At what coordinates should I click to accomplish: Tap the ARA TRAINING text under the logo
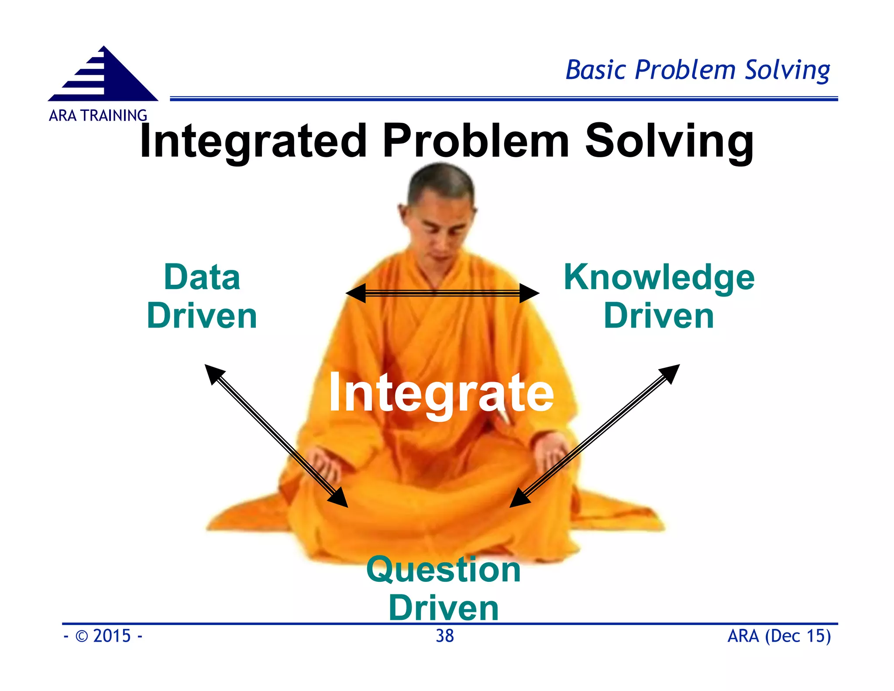[98, 116]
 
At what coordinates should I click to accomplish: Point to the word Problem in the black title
[476, 141]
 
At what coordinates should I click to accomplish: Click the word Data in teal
[202, 277]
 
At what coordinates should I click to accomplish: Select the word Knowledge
[659, 277]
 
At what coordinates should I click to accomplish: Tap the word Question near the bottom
[444, 570]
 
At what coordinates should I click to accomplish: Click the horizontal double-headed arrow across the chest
[442, 293]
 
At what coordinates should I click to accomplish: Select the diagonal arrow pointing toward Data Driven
[276, 436]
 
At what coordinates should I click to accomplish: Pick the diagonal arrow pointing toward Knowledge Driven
[595, 436]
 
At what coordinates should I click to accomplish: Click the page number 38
[444, 636]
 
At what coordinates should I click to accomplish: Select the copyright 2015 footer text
[103, 636]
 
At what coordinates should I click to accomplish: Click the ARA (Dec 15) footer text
[779, 636]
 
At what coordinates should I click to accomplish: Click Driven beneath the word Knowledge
[659, 316]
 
